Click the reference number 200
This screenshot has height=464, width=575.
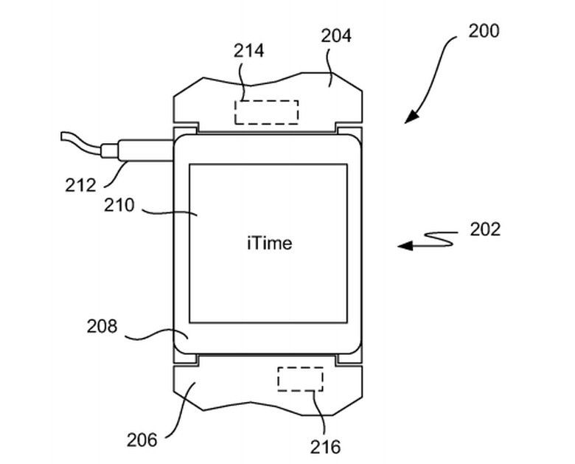click(483, 31)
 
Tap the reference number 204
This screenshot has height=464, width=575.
click(335, 35)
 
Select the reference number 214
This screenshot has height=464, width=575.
click(249, 50)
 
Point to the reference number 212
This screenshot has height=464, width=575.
click(80, 184)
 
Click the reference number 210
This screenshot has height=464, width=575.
click(119, 204)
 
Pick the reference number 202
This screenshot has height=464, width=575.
click(485, 229)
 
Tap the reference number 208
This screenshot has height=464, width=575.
click(102, 325)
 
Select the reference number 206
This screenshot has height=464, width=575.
click(142, 440)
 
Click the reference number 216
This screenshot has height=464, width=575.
click(325, 446)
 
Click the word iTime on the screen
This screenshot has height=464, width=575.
click(269, 243)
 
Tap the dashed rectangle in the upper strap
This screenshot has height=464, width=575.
click(266, 112)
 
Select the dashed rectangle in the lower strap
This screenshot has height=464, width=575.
click(300, 378)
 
